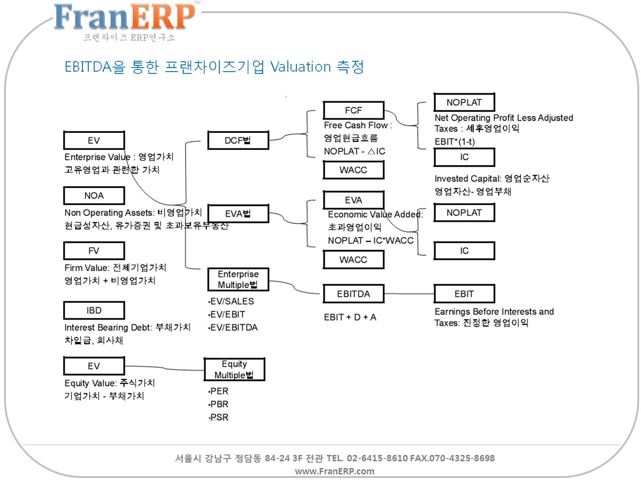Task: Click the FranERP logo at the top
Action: click(124, 18)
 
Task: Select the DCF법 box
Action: click(238, 140)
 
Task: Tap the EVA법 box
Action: click(238, 214)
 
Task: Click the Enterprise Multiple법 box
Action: click(238, 279)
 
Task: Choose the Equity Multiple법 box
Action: click(234, 369)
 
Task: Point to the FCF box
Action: click(353, 110)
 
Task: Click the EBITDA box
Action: click(353, 294)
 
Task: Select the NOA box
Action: click(94, 196)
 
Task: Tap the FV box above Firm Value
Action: click(94, 250)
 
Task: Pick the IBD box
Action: click(94, 310)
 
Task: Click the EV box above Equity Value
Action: click(94, 366)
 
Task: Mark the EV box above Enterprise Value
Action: click(94, 140)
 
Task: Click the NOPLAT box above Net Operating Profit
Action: click(464, 102)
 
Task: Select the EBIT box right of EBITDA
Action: click(464, 294)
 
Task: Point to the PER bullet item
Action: click(219, 391)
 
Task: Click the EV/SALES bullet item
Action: click(232, 301)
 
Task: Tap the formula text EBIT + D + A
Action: click(350, 317)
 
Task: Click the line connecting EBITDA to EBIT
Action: click(409, 294)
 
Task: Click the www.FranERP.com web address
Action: click(334, 471)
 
